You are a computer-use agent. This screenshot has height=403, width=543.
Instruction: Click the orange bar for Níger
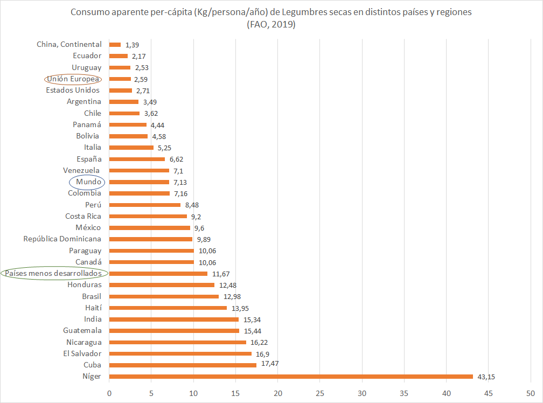coord(291,377)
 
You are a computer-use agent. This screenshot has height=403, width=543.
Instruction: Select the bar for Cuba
coord(183,365)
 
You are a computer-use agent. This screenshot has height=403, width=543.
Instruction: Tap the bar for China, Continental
coord(115,45)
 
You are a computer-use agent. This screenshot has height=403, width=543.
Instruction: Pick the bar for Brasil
coord(164,296)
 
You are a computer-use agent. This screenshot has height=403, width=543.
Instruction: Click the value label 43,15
coord(487,377)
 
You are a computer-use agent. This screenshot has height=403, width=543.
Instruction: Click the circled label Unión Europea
coord(73,79)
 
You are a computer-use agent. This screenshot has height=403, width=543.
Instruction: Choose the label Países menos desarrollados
coord(54,274)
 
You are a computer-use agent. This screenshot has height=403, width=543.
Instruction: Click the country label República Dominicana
coord(62,239)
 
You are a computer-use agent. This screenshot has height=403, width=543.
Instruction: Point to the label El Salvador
coord(82,353)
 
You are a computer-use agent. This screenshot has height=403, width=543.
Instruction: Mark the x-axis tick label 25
coord(320,393)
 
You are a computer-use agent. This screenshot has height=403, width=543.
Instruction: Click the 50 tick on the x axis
coord(531,393)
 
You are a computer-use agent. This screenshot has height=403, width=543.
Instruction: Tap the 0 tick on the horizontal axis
coord(109,393)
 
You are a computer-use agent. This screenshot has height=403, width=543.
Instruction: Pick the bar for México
coord(150,228)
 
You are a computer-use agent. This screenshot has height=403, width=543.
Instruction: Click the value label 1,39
coord(133,45)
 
